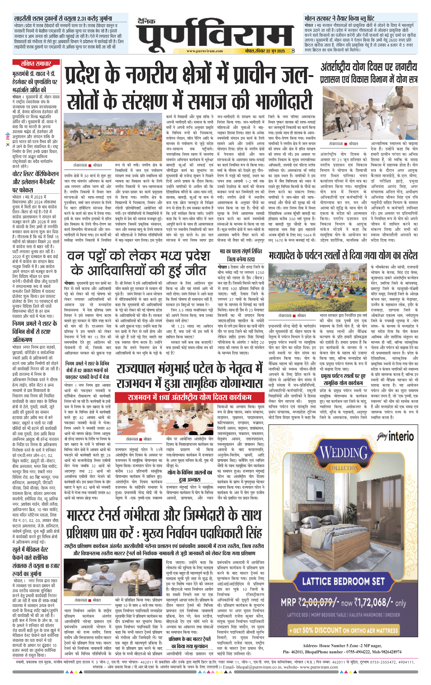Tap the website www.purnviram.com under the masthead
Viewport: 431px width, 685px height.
[x=204, y=51]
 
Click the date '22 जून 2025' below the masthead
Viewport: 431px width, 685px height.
[x=275, y=51]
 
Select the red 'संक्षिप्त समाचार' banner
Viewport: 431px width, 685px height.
[x=36, y=64]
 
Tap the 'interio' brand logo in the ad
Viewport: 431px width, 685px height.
[x=401, y=437]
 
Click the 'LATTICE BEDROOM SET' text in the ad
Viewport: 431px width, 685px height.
[x=343, y=582]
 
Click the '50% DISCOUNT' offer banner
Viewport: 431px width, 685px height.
[x=343, y=630]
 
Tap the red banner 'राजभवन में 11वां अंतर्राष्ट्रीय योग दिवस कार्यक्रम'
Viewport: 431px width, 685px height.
[x=189, y=397]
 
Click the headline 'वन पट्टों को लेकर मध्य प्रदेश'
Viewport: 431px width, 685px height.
[x=138, y=256]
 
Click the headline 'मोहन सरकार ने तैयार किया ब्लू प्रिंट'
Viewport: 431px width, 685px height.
[x=339, y=18]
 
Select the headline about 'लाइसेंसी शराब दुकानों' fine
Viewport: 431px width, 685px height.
[x=63, y=18]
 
